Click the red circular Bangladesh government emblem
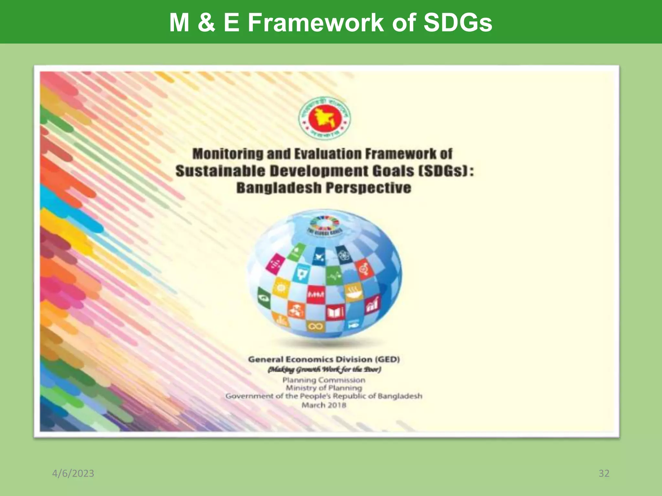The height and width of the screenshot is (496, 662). (324, 119)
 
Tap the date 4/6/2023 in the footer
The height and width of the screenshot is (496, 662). (73, 473)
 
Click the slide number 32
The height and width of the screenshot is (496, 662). (604, 473)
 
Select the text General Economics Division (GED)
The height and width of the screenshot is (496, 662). (324, 359)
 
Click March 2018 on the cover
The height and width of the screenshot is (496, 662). (324, 405)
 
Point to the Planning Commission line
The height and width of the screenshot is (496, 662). (324, 380)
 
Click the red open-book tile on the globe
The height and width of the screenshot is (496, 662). (335, 312)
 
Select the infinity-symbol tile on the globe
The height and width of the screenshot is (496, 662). (315, 327)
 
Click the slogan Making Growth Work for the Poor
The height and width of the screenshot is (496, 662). (324, 370)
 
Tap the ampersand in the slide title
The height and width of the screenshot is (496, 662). (207, 23)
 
